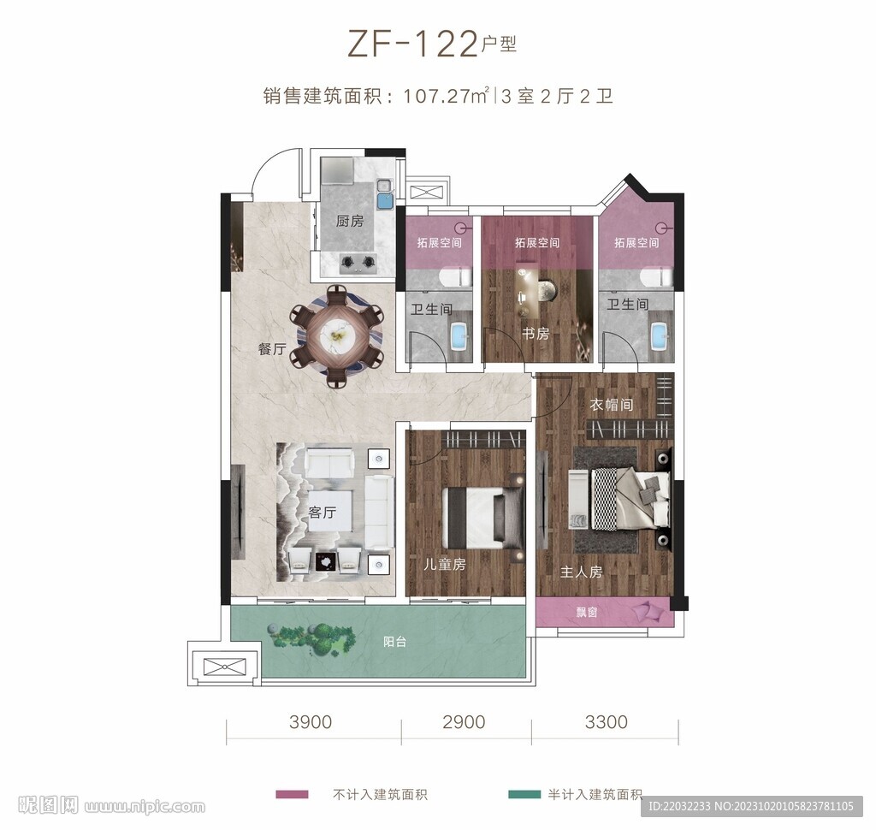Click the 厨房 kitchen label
coord(350,222)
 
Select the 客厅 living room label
coord(323,512)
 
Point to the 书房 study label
coord(536,334)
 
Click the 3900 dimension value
coord(311,721)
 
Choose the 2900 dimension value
coord(464,721)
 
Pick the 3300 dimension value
coord(607,721)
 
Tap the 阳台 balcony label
coord(394,642)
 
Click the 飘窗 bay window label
coord(587,612)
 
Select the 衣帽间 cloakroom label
coord(611,404)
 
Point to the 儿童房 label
coord(445,564)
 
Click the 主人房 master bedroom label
coord(581,572)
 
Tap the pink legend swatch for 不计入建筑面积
coord(292,794)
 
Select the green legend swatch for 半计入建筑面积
coord(524,794)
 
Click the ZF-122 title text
coord(412,44)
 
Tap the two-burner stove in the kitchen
coord(358,261)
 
